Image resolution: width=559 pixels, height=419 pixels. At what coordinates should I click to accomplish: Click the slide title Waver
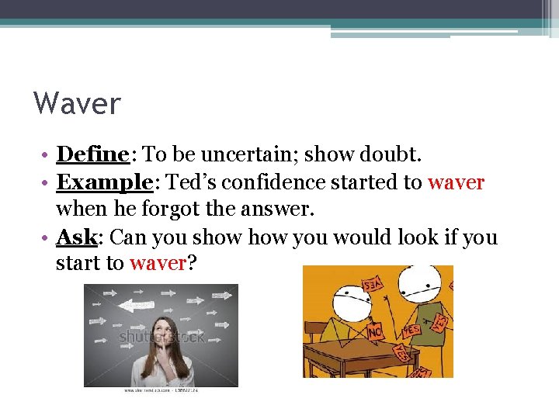[x=78, y=102]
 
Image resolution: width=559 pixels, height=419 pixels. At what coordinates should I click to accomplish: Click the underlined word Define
[x=92, y=154]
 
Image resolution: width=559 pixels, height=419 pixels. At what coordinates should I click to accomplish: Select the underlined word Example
[x=103, y=183]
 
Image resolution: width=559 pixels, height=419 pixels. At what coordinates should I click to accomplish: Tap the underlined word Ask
[x=76, y=237]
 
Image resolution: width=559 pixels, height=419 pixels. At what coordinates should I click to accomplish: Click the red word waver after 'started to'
[x=456, y=183]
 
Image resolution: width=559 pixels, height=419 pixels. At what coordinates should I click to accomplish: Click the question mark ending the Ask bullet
[x=192, y=264]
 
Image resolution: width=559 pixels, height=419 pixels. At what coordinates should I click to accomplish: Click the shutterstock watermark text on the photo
[x=161, y=338]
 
